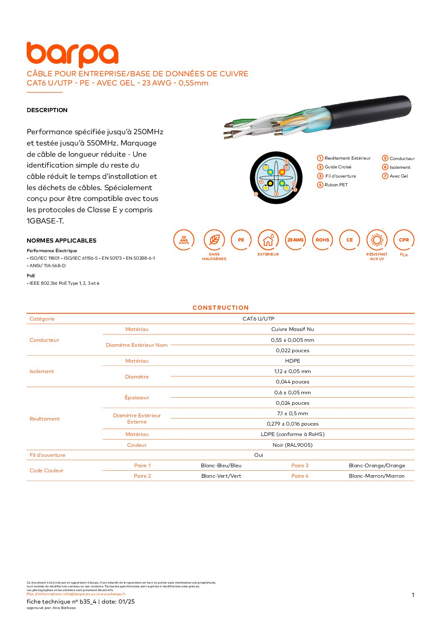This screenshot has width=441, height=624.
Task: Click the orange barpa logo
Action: tap(72, 54)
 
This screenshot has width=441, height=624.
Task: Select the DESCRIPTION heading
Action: tap(47, 110)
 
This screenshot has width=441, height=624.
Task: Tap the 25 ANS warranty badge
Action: tap(184, 240)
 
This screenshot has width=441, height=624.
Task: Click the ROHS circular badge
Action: tap(322, 240)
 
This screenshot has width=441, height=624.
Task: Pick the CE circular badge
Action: tap(349, 240)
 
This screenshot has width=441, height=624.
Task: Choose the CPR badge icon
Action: tap(403, 240)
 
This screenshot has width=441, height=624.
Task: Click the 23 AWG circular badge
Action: tap(295, 240)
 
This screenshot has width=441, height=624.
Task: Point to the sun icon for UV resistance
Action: tap(377, 240)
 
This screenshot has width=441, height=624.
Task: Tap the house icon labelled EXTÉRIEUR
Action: tap(268, 240)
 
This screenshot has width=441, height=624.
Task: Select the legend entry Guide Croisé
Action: tap(338, 167)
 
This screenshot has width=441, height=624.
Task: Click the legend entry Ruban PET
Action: tap(336, 185)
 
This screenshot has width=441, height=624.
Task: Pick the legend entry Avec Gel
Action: tap(398, 176)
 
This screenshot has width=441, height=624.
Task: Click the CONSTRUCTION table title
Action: tap(220, 308)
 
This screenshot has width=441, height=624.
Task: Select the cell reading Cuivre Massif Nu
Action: tap(293, 329)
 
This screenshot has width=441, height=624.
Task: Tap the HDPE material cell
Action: tap(293, 361)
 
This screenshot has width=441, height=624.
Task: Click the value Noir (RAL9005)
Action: tap(293, 445)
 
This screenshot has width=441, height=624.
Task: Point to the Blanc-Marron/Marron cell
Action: tap(376, 476)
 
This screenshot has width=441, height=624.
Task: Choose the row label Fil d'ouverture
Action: tap(48, 455)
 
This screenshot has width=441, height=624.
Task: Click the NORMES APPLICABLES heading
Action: tap(61, 241)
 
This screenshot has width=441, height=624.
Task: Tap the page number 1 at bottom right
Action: tap(413, 595)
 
